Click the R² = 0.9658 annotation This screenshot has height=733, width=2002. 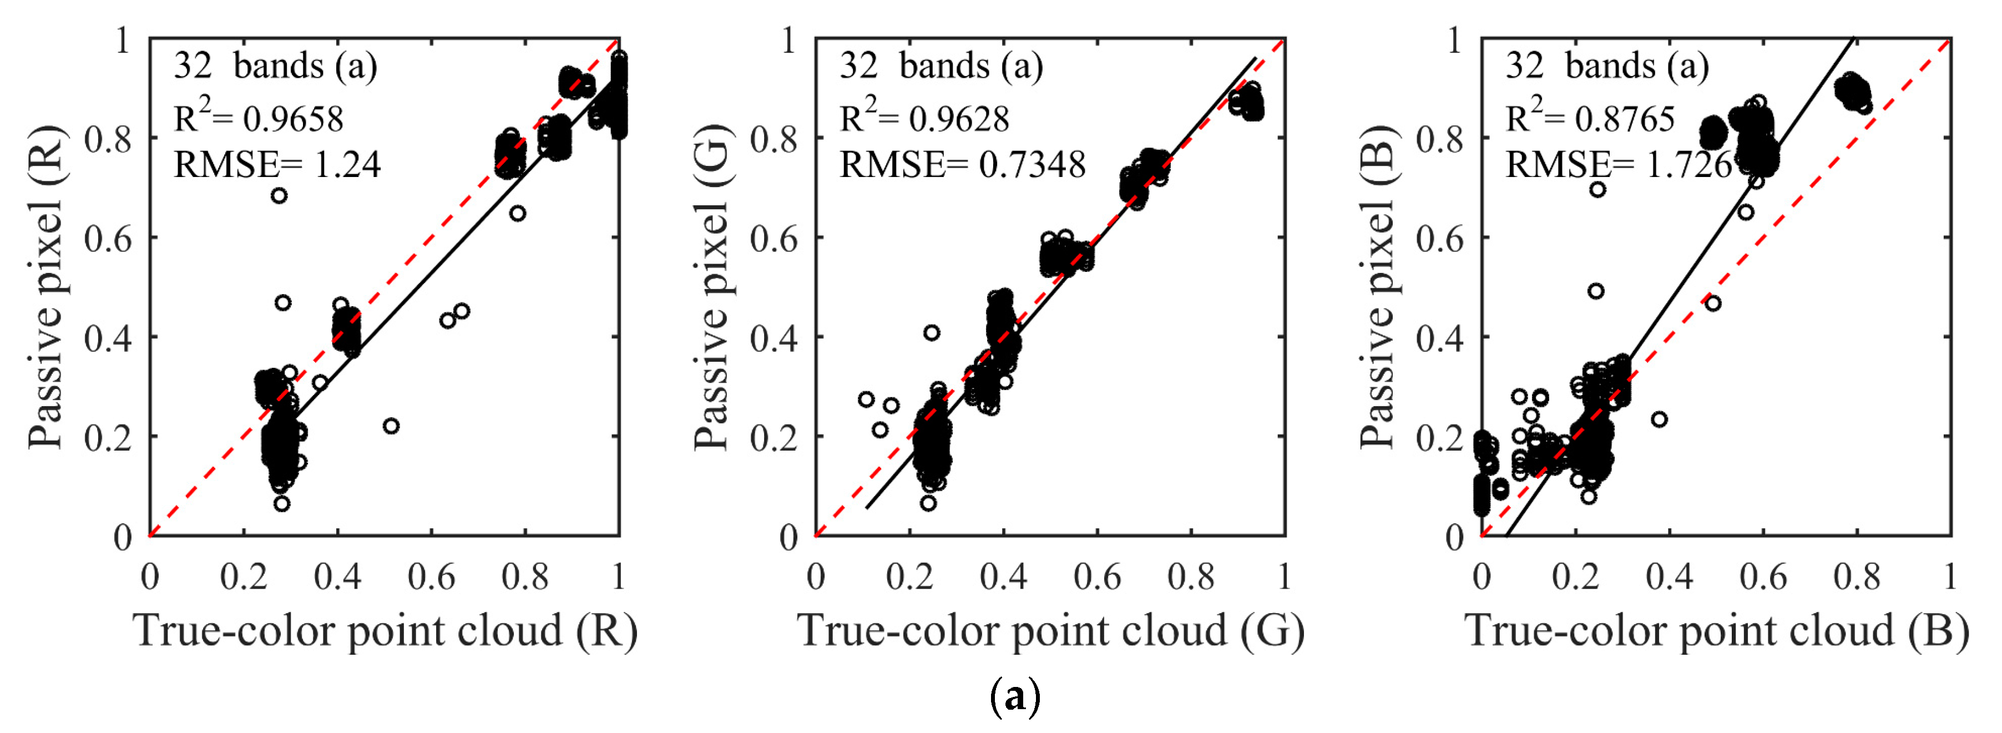pyautogui.click(x=258, y=118)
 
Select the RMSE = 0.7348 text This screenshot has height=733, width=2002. pyautogui.click(x=962, y=165)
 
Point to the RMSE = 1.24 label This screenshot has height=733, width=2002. pyautogui.click(x=277, y=165)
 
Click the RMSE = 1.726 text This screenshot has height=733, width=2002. pyautogui.click(x=1618, y=165)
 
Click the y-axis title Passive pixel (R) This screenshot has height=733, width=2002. pyautogui.click(x=45, y=287)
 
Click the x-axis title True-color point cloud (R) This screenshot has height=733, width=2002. pyautogui.click(x=386, y=630)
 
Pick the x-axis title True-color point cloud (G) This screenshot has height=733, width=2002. pyautogui.click(x=1051, y=630)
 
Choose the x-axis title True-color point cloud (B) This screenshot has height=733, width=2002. pyautogui.click(x=1717, y=630)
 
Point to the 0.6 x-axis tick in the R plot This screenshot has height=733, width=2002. pyautogui.click(x=431, y=577)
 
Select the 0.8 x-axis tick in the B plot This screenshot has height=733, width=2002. pyautogui.click(x=1857, y=577)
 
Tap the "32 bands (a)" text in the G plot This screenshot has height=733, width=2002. pyautogui.click(x=941, y=65)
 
